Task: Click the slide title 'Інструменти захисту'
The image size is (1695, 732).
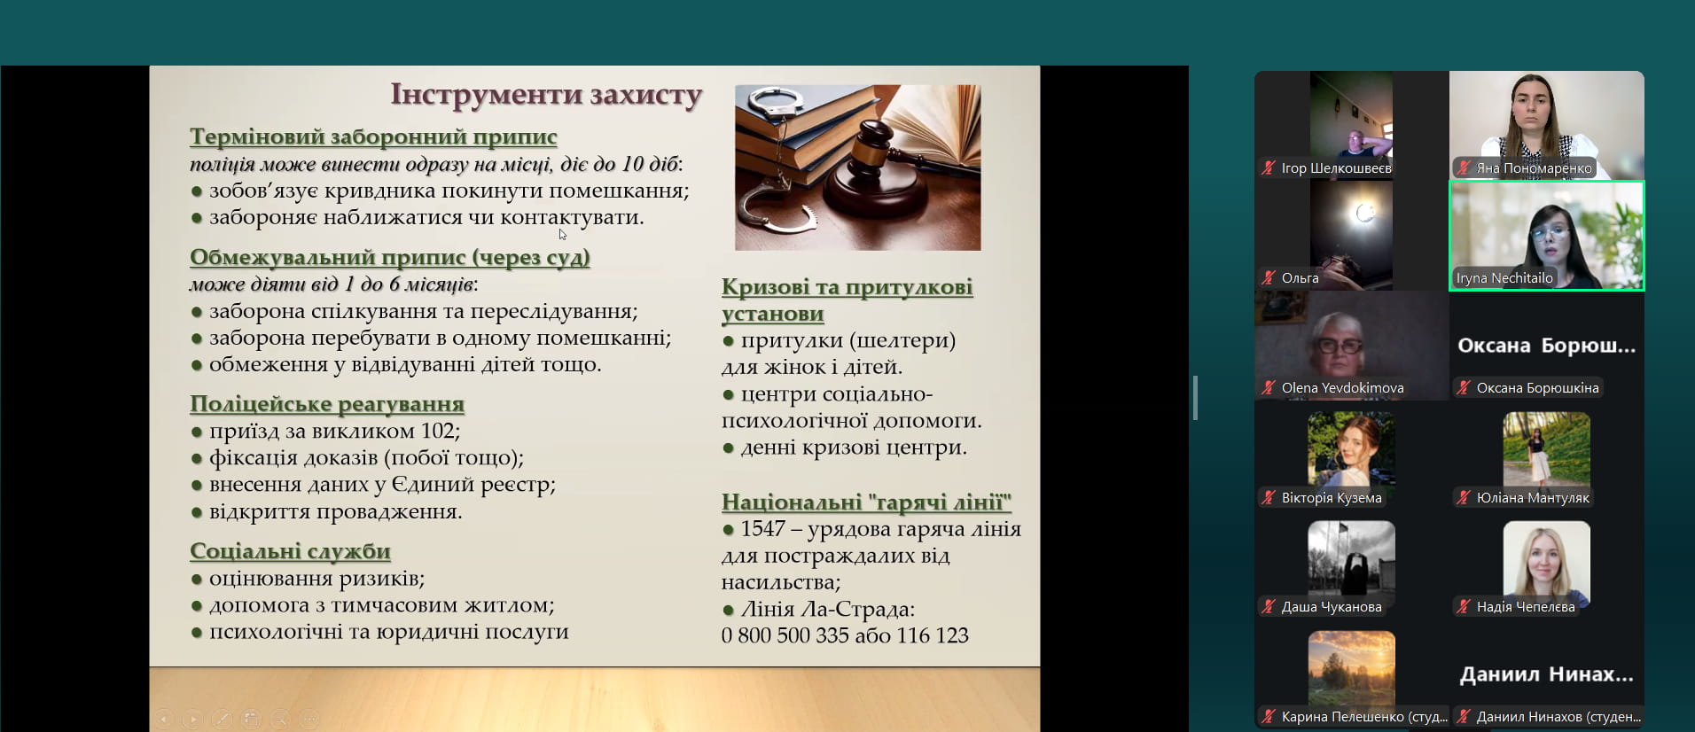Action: click(x=546, y=95)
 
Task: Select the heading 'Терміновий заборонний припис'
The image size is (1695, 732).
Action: click(x=373, y=137)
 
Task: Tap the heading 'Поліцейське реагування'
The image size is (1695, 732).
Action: click(x=327, y=404)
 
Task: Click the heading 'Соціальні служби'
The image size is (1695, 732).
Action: click(x=290, y=551)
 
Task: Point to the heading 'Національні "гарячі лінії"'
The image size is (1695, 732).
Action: click(x=866, y=502)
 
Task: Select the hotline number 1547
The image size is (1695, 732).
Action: click(x=763, y=529)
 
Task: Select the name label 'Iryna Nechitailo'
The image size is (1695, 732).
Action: click(x=1504, y=278)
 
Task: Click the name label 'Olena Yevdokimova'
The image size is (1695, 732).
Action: click(x=1342, y=388)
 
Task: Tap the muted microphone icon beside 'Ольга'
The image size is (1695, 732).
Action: click(x=1269, y=278)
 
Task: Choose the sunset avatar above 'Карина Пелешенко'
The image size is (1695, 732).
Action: click(x=1351, y=669)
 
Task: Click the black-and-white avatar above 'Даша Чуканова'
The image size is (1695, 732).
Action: click(x=1351, y=559)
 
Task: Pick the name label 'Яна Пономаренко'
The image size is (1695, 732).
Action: click(x=1534, y=168)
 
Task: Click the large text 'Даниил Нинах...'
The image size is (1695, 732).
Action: click(x=1546, y=674)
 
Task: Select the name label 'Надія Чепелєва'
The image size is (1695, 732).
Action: click(x=1526, y=607)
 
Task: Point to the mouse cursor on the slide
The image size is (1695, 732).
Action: click(x=562, y=234)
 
